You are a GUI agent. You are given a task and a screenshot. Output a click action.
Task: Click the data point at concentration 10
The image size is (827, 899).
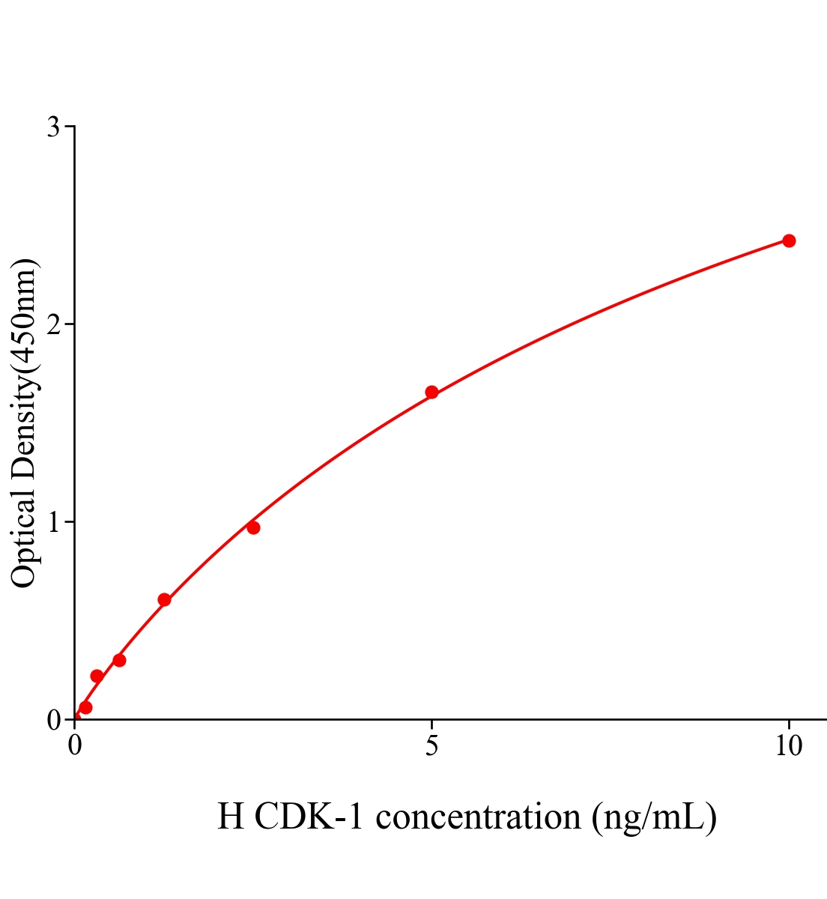pos(788,240)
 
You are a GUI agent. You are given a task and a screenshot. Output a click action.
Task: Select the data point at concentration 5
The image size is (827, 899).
pos(431,392)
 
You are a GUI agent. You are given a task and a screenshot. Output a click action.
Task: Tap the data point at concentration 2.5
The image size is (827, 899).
pos(253,527)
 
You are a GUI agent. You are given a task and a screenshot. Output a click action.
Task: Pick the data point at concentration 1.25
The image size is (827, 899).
pos(164,599)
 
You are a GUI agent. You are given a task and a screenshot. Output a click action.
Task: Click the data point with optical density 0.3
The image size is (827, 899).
pos(119,660)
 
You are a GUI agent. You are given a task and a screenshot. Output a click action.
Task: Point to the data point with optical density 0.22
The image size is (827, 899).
pos(97,676)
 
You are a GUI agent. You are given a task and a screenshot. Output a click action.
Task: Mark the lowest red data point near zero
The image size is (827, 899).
pos(85,707)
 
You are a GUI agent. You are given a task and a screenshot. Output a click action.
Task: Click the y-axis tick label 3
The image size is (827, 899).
pos(53,127)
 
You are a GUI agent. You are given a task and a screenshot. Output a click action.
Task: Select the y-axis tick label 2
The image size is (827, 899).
pos(53,324)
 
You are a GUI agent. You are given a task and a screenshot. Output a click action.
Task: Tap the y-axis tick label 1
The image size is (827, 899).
pos(54,522)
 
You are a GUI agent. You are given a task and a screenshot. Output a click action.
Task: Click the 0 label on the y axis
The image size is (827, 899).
pos(53,720)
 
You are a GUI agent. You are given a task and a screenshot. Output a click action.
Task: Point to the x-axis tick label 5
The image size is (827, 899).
pos(431,745)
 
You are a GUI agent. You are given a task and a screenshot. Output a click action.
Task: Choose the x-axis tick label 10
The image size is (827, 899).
pos(788,745)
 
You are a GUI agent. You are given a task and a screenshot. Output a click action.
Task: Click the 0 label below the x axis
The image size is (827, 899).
pos(75,745)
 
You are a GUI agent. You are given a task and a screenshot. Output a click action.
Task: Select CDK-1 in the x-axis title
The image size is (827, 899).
pos(309,817)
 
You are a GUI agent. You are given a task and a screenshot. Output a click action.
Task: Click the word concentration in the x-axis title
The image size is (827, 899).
pos(478,817)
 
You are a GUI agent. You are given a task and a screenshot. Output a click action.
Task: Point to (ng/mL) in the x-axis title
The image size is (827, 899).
pos(654,817)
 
